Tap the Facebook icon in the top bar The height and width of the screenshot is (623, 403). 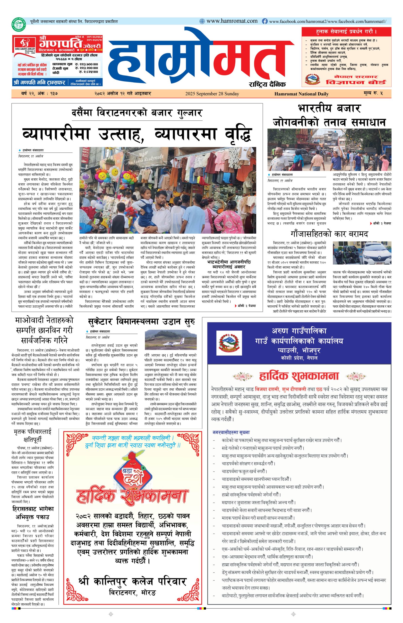coord(265,21)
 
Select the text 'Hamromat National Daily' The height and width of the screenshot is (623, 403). coord(301,94)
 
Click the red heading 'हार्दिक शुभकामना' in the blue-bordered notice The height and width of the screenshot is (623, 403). coord(299,376)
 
